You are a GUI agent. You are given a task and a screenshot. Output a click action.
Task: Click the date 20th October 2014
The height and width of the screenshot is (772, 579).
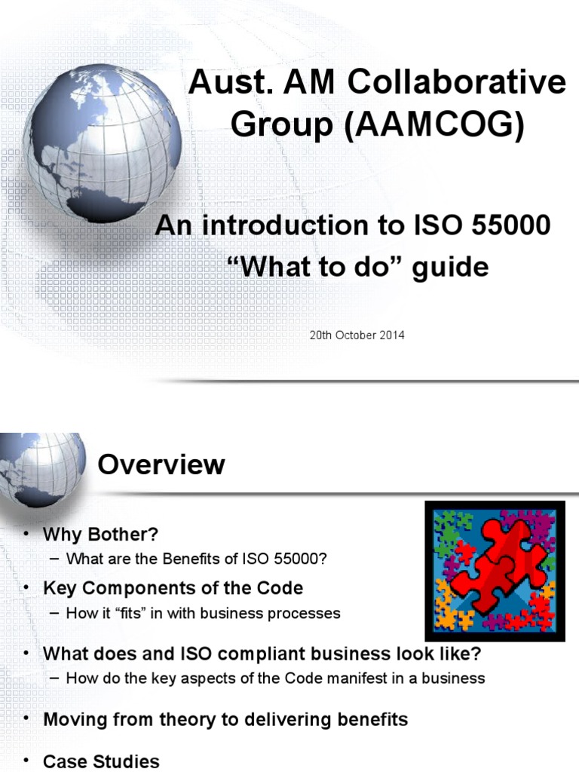point(357,335)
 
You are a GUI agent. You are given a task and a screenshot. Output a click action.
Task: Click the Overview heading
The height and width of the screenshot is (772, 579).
point(161,464)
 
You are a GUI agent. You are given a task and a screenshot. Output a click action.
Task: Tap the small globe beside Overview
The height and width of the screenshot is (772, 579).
point(41,469)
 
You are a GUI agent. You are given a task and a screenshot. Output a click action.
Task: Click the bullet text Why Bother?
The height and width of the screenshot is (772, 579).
point(101,535)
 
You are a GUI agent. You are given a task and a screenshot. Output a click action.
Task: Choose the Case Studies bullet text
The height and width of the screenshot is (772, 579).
point(101,761)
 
